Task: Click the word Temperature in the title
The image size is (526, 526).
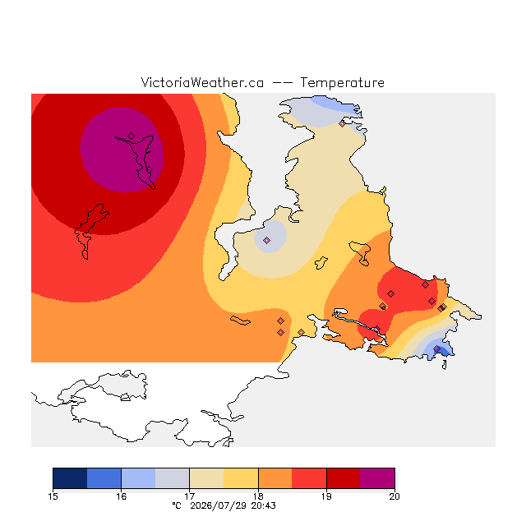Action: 342,82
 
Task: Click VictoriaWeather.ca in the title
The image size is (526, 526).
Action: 202,82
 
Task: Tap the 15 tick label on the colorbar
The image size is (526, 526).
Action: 53,496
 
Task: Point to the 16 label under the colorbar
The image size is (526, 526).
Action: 121,496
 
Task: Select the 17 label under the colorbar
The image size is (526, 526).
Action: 190,496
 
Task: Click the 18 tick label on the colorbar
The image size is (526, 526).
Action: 258,496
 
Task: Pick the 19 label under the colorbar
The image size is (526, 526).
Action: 326,496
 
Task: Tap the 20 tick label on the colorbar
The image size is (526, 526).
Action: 394,496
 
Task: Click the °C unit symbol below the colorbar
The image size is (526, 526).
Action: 177,505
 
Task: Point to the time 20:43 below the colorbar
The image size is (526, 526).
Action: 263,505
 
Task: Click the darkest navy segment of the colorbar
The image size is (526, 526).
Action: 70,478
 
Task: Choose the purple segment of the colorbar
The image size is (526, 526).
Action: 377,478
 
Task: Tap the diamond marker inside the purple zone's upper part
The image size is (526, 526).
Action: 131,136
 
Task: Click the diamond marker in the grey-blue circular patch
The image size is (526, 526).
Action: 266,240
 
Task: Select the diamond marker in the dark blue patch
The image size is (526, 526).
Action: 436,348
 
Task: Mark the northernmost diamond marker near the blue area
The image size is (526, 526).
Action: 342,124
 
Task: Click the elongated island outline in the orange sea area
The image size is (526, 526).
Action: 240,321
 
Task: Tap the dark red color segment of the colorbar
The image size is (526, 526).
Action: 344,478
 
